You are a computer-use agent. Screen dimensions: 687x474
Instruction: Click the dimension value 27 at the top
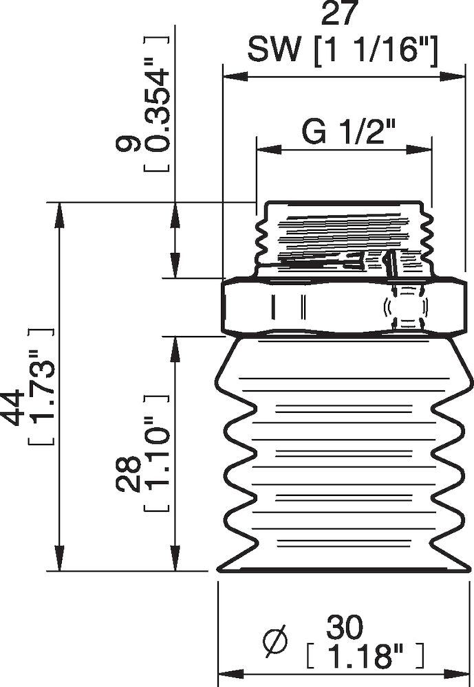pyautogui.click(x=342, y=16)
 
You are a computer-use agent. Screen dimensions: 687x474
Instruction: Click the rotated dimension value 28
pyautogui.click(x=129, y=473)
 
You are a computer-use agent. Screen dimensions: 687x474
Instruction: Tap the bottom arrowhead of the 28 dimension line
pyautogui.click(x=176, y=561)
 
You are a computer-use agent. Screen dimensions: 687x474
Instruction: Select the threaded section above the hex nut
pyautogui.click(x=344, y=237)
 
